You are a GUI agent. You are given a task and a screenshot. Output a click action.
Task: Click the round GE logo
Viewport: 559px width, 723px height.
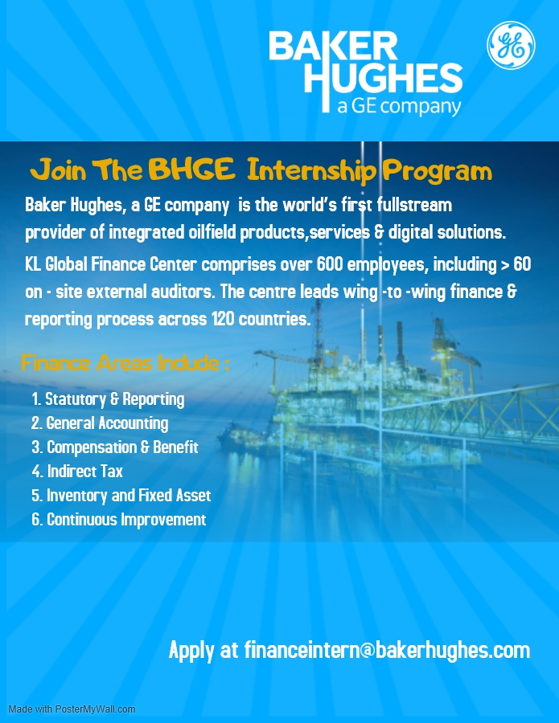511,45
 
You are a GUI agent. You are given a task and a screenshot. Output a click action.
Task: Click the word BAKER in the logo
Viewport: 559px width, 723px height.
333,46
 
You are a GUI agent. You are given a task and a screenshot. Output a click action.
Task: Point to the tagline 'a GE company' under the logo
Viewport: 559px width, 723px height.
399,106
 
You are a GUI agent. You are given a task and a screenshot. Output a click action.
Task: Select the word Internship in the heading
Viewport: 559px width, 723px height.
311,170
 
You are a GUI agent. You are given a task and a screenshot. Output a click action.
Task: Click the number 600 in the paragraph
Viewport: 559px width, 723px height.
330,264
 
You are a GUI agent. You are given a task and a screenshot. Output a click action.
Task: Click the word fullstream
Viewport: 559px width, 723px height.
414,205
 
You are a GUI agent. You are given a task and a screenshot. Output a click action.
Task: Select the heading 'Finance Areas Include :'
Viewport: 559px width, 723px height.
125,363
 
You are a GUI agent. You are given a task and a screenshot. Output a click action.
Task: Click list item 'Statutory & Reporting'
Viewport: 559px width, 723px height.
108,399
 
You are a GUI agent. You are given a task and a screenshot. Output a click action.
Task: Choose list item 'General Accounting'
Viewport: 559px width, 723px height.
100,423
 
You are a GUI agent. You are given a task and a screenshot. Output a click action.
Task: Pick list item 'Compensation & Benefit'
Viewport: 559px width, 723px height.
115,447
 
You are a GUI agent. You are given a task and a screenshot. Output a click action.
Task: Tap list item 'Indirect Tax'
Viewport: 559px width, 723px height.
77,472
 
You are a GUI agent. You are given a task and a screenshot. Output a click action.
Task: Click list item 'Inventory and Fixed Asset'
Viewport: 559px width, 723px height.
121,495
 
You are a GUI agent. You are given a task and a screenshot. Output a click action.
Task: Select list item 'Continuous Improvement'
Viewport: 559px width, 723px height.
118,520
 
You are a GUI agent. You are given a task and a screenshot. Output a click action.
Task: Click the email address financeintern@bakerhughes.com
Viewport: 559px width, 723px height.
387,650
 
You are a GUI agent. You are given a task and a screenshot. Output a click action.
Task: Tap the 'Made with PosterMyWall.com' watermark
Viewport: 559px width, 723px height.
72,709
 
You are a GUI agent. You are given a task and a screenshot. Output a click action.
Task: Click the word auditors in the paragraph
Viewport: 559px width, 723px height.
183,292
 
